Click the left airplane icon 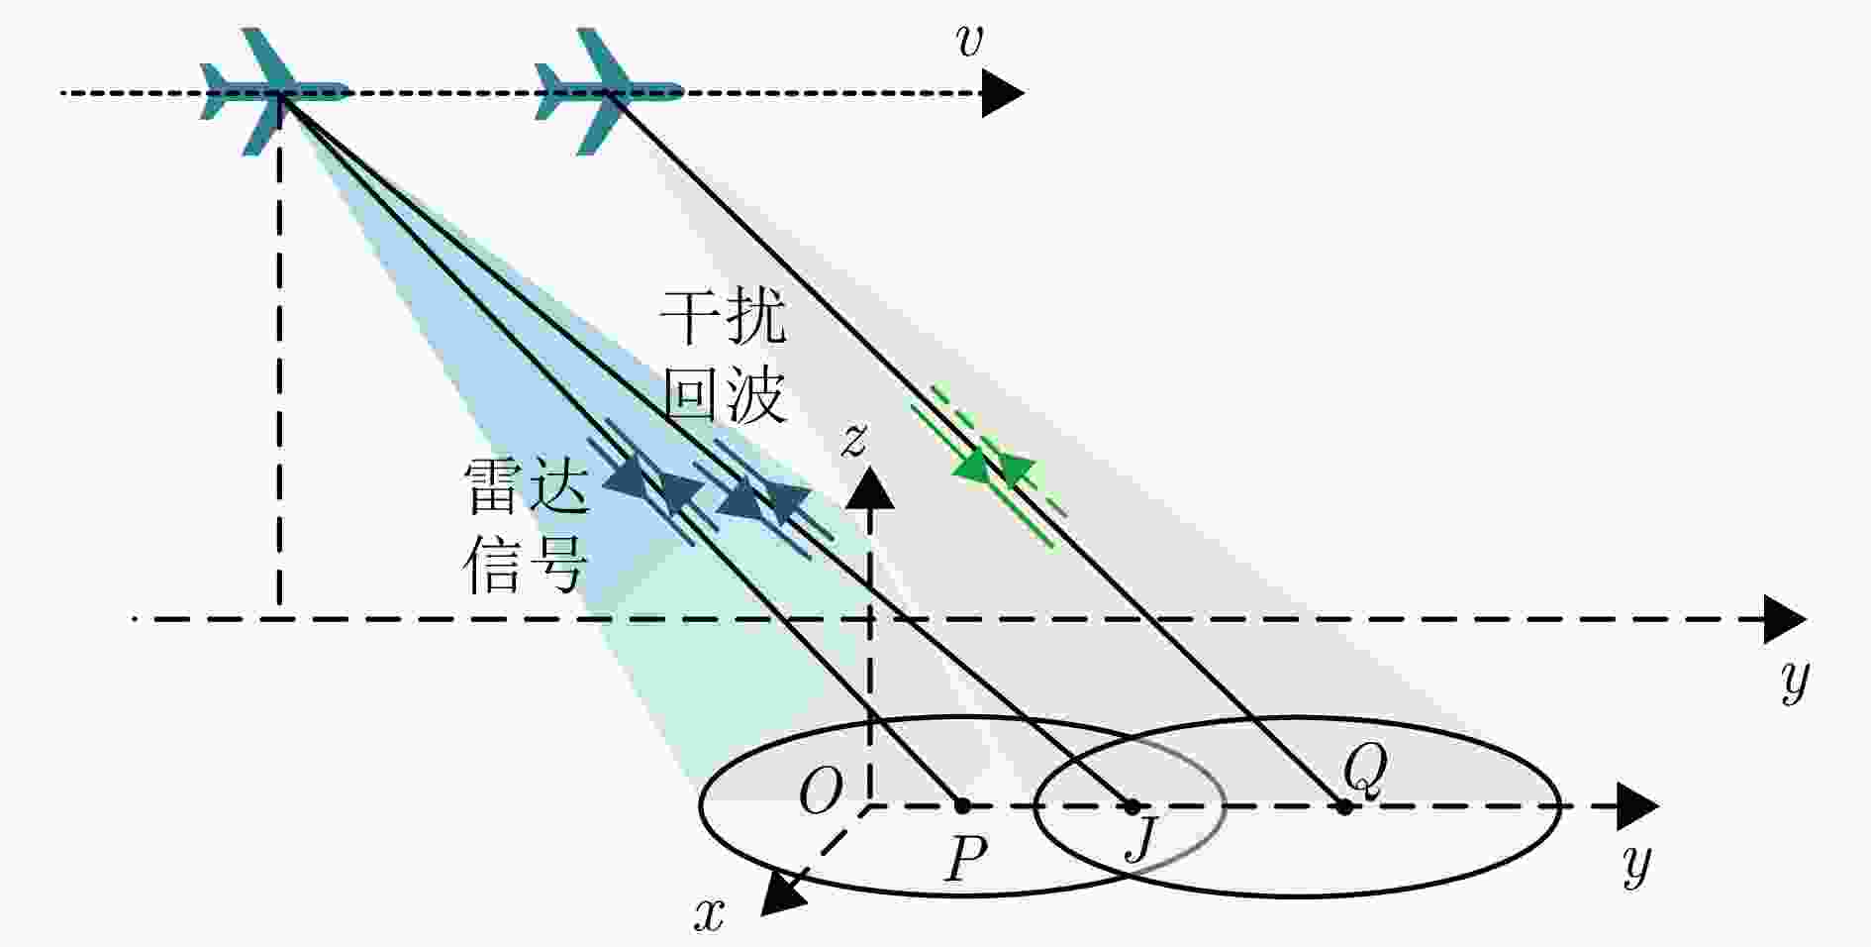(274, 92)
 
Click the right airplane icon (608, 92)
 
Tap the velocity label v (969, 42)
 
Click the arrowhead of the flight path (1003, 93)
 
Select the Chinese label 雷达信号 (527, 525)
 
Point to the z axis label (853, 439)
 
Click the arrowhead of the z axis (871, 487)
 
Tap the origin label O (820, 791)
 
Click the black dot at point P (961, 806)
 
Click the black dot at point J (1132, 806)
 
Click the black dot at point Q (1343, 806)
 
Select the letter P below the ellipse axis (966, 859)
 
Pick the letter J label (1142, 840)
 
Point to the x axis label (709, 915)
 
